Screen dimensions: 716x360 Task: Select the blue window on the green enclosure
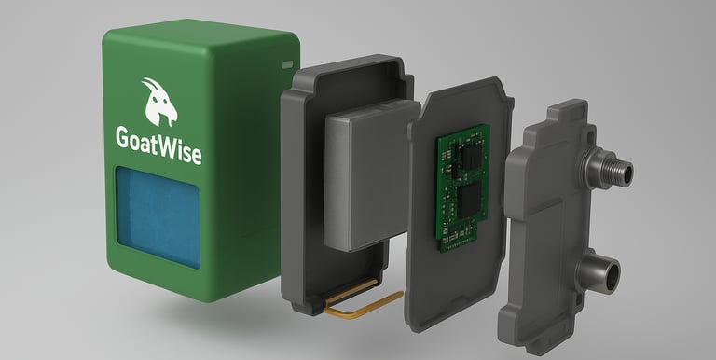[x=158, y=217]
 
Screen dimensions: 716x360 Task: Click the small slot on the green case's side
[x=287, y=65]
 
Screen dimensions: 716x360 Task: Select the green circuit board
[x=462, y=187]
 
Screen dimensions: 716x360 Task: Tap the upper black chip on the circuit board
[x=471, y=156]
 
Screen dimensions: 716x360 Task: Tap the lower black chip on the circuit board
[x=470, y=201]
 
